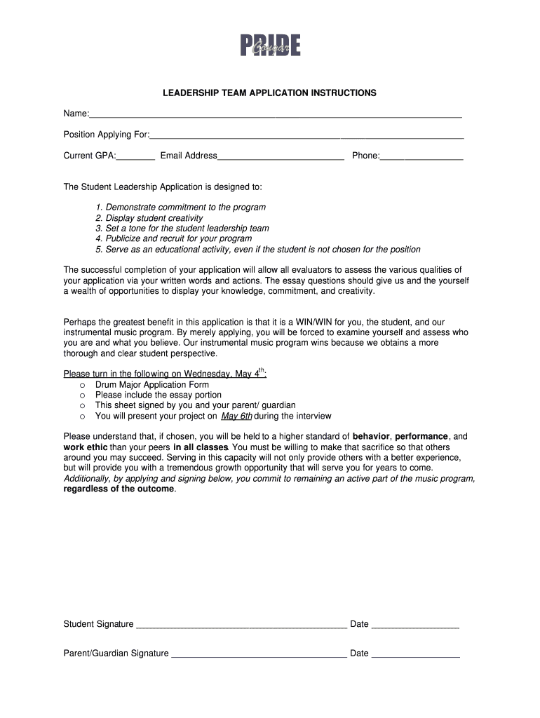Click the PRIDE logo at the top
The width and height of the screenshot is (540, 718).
(x=270, y=46)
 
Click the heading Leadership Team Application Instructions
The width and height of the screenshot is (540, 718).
(x=270, y=93)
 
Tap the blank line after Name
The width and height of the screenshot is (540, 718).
(x=275, y=114)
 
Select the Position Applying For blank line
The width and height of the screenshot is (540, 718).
(x=306, y=135)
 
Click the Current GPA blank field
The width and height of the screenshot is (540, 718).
(x=135, y=156)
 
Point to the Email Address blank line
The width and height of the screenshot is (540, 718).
(x=281, y=156)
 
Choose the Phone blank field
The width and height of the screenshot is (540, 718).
(x=421, y=156)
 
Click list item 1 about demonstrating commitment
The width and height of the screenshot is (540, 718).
(x=181, y=208)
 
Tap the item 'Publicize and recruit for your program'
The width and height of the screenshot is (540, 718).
(x=173, y=238)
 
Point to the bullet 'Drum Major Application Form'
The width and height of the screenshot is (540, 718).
(x=152, y=384)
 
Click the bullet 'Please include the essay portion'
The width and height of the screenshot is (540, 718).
(x=158, y=395)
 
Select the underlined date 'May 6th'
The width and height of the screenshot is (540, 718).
(x=236, y=416)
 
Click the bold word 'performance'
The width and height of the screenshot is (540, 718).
(x=421, y=436)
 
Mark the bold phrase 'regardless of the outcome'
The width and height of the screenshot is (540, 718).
(x=119, y=489)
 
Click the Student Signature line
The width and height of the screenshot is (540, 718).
(x=241, y=625)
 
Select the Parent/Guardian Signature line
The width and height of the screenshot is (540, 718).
(x=259, y=653)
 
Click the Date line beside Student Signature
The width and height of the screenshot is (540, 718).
(x=415, y=625)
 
